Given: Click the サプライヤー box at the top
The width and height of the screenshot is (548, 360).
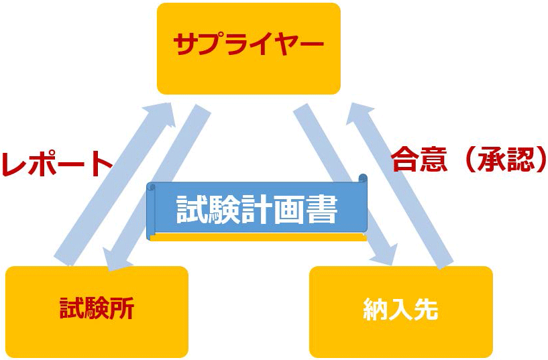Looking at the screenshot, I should (248, 48).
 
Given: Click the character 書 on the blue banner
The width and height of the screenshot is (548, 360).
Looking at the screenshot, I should (322, 210).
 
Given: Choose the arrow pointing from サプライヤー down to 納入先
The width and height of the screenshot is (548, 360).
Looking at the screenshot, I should (342, 181).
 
